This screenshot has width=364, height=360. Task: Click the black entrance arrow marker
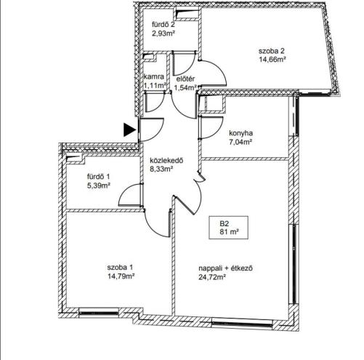pyautogui.click(x=129, y=129)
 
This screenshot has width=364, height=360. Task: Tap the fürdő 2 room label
pyautogui.click(x=163, y=25)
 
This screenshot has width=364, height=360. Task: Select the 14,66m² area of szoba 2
pyautogui.click(x=272, y=60)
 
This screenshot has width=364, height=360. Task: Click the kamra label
pyautogui.click(x=154, y=76)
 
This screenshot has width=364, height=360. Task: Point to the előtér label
pyautogui.click(x=185, y=79)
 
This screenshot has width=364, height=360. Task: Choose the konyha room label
pyautogui.click(x=241, y=133)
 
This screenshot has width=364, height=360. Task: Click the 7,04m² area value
pyautogui.click(x=240, y=142)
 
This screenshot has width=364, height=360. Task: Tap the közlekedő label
pyautogui.click(x=166, y=161)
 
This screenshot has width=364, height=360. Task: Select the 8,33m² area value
pyautogui.click(x=161, y=169)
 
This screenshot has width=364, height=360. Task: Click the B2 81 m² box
pyautogui.click(x=229, y=228)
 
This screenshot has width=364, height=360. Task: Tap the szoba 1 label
pyautogui.click(x=120, y=268)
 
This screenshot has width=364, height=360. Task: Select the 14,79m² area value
pyautogui.click(x=121, y=276)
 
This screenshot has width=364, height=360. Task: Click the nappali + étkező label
pyautogui.click(x=226, y=268)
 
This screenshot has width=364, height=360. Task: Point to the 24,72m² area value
pyautogui.click(x=212, y=277)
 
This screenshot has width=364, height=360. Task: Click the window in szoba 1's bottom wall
pyautogui.click(x=99, y=313)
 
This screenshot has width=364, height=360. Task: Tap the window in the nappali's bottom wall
pyautogui.click(x=241, y=324)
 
